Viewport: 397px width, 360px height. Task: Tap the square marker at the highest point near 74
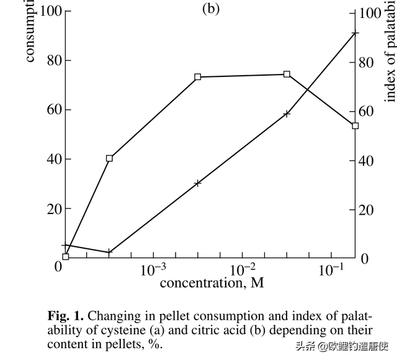287,74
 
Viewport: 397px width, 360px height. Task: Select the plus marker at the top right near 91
355,33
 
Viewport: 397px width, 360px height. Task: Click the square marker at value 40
110,158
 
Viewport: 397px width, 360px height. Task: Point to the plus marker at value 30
198,183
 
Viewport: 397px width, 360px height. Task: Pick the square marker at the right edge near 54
355,125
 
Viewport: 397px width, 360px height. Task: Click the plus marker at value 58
287,114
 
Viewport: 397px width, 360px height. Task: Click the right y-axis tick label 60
370,111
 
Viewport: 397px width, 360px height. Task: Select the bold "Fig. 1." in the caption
66,315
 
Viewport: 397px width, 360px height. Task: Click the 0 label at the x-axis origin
59,267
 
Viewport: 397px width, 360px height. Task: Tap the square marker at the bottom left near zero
65,256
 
